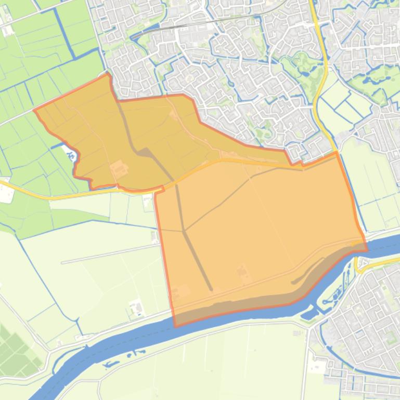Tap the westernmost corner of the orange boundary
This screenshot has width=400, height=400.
pyautogui.click(x=34, y=110)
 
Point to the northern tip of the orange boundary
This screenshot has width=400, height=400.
pyautogui.click(x=108, y=74)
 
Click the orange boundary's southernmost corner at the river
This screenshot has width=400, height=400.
pyautogui.click(x=175, y=326)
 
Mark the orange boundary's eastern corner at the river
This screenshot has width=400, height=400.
pyautogui.click(x=367, y=249)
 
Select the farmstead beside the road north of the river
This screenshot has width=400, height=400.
pyautogui.click(x=136, y=308)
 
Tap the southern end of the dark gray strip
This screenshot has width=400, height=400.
pyautogui.click(x=211, y=289)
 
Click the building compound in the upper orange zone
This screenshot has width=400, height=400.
pyautogui.click(x=119, y=168)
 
